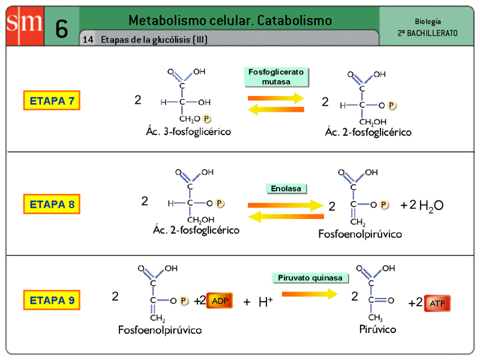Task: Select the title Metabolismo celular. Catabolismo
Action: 230,20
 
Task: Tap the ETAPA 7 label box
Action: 52,101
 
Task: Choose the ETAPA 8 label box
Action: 52,204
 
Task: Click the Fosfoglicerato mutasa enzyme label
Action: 276,76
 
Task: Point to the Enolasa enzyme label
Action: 286,188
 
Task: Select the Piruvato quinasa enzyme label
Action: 310,278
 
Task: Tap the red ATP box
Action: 437,303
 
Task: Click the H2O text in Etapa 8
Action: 431,206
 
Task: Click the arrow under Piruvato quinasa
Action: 310,293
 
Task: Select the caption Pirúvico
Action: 377,329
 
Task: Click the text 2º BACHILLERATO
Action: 427,33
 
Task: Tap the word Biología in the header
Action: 427,20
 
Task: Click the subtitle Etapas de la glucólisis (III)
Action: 154,40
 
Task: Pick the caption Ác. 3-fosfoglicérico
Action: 188,131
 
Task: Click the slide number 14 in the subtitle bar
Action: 88,40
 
